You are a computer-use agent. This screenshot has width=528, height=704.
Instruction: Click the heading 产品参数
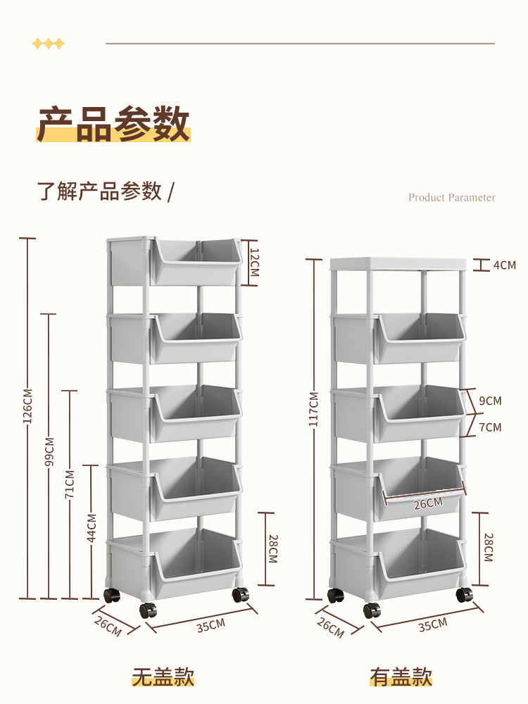tap(113, 124)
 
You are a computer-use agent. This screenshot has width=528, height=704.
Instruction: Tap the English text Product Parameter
tap(451, 197)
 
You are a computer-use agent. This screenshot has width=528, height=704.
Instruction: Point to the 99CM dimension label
tap(49, 451)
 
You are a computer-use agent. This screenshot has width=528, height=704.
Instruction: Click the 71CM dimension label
tap(70, 484)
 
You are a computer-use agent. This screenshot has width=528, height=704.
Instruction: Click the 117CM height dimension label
tap(314, 410)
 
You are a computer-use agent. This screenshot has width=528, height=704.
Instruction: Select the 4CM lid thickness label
tap(504, 265)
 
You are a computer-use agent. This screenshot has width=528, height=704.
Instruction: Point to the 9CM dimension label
tap(490, 401)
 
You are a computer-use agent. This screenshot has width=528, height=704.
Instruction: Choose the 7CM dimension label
tap(490, 427)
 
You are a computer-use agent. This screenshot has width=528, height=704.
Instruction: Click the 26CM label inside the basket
tap(427, 502)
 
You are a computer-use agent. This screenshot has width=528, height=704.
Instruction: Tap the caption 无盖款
tap(163, 677)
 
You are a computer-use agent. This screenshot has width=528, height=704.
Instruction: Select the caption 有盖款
tap(401, 677)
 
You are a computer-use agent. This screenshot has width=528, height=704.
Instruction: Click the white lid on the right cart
tap(398, 263)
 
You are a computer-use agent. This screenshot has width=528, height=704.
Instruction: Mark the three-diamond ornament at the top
tap(49, 44)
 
